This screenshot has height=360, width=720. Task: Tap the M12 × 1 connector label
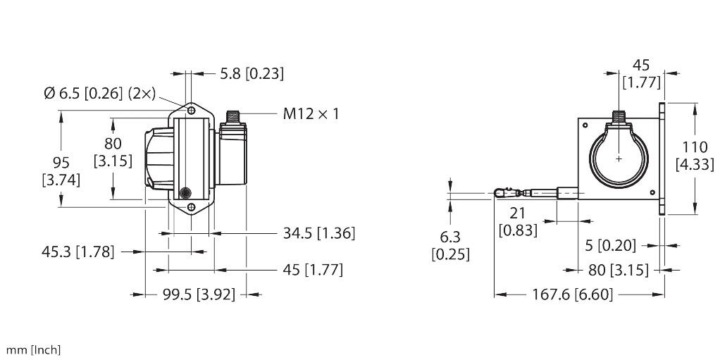311,113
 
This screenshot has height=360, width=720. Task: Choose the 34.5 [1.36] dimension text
317,233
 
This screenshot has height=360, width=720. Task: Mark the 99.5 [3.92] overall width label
194,294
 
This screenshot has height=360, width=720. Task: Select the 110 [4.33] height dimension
695,156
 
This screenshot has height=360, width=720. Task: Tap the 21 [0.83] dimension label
518,222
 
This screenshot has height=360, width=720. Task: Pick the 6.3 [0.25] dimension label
450,246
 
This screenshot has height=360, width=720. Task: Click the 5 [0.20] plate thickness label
610,245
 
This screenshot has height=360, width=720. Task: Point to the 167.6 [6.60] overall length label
571,294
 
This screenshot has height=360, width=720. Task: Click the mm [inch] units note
33,350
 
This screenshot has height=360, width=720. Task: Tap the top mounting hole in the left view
191,111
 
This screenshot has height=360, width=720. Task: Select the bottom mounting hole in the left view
191,208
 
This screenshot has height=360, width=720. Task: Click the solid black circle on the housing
186,192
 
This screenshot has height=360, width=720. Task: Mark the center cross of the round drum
619,159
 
